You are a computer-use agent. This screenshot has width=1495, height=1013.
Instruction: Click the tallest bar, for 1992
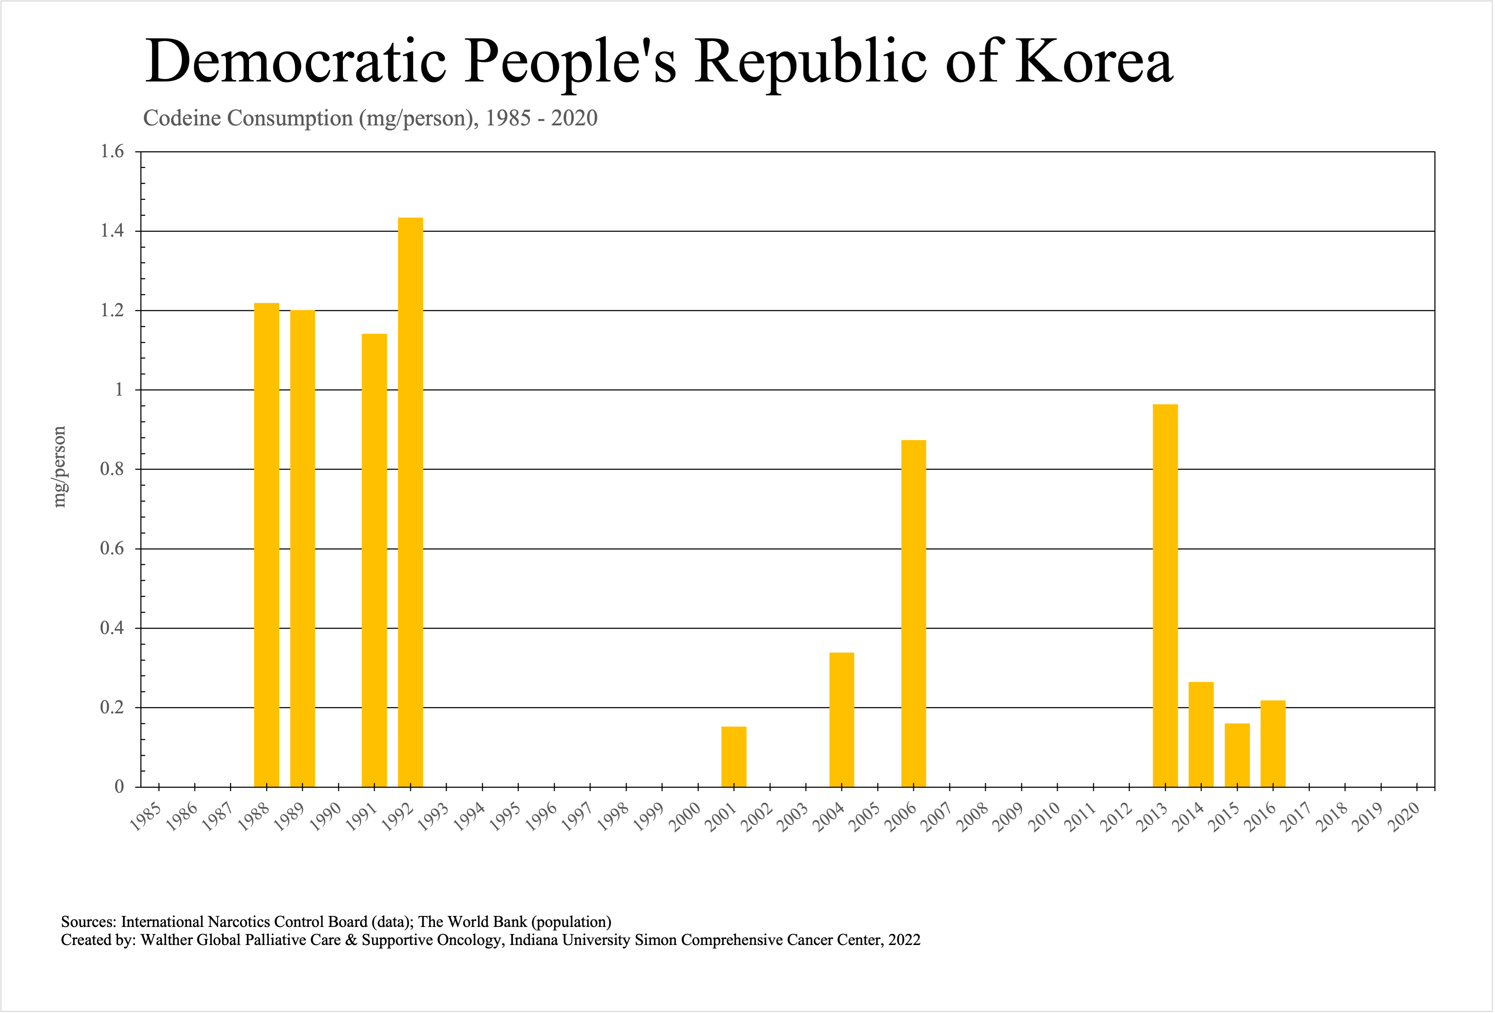coord(410,502)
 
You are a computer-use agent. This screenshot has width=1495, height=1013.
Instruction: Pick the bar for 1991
coord(374,560)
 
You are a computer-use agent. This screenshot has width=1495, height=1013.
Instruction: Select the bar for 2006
coord(913,613)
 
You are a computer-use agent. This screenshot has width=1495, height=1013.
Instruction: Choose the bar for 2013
coord(1165,595)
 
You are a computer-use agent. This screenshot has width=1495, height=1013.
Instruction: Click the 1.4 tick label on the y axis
coord(112,231)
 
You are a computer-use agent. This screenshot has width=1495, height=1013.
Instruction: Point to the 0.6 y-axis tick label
coord(112,549)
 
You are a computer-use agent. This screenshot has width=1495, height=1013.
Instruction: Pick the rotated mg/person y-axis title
coord(59,467)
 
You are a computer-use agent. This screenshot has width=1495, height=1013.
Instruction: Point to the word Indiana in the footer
coord(533,940)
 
